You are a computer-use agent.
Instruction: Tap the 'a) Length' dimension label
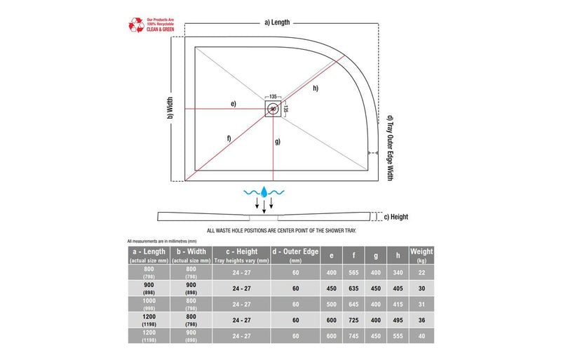coord(277,22)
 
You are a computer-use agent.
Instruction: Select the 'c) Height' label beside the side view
coord(396,216)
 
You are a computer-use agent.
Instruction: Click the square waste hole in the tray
coord(273,109)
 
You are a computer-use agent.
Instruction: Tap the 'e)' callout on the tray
coord(233,104)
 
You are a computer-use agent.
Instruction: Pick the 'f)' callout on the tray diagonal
coord(229,138)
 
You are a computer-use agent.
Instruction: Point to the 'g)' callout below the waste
coord(278,142)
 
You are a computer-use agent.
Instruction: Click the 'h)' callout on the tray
coord(316,88)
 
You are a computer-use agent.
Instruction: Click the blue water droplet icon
coord(264,191)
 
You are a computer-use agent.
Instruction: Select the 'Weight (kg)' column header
coord(421,255)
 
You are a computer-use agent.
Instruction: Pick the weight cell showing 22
coord(421,272)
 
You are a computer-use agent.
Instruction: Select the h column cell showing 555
coord(398,335)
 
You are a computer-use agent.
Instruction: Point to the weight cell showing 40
coord(421,335)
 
